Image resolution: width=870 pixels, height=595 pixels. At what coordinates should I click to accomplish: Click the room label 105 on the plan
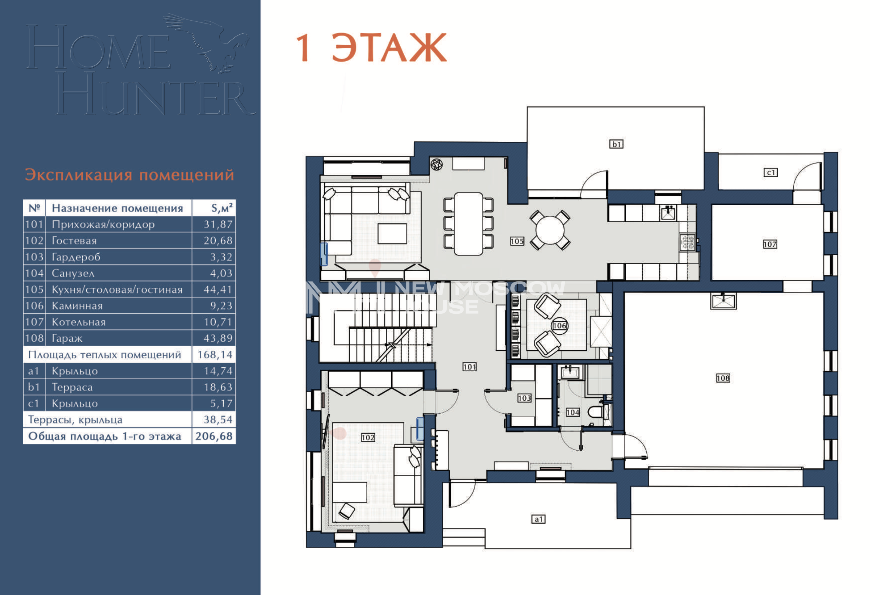tap(517, 241)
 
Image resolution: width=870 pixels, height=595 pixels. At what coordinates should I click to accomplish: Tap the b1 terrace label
tap(616, 144)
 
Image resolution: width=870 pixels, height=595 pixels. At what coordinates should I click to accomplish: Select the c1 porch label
tap(770, 173)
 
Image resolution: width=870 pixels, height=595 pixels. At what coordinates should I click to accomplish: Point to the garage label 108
tap(723, 378)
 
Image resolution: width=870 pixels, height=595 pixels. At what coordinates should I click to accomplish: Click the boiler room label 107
tap(770, 245)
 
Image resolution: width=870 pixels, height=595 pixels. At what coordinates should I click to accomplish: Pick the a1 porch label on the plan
tap(539, 519)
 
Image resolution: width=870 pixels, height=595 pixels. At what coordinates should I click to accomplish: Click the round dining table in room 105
tap(550, 230)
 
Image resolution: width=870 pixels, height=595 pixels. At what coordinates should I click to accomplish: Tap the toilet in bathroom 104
tap(595, 412)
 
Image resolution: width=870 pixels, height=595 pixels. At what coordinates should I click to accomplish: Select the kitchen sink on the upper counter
tap(668, 214)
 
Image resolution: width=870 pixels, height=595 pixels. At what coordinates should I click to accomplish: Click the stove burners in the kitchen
tap(687, 242)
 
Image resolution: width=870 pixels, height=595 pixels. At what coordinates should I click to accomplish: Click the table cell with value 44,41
tap(218, 290)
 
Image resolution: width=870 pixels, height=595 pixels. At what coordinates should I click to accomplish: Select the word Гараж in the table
tap(67, 338)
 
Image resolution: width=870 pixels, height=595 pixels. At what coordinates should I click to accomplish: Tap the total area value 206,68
tap(214, 436)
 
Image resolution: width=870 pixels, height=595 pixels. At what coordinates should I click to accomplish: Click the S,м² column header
tap(221, 208)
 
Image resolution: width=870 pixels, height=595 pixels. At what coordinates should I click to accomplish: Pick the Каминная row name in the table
tap(77, 306)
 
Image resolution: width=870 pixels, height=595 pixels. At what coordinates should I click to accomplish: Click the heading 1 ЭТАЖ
tap(371, 47)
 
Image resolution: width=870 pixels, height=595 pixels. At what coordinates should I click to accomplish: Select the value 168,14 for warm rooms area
tap(215, 355)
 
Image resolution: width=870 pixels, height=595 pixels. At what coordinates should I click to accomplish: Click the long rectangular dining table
tap(468, 224)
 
